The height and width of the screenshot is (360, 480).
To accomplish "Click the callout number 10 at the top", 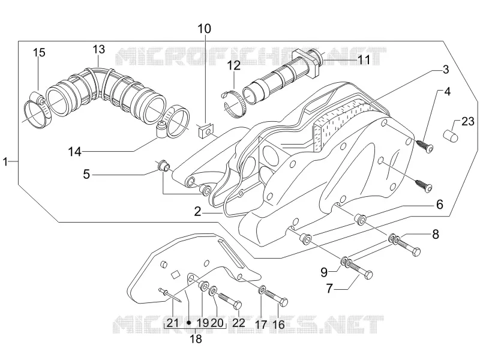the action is coord(204,29).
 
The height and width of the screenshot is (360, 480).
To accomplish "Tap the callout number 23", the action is coord(468,122).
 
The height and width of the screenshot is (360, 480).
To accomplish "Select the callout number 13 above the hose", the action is coord(99,49).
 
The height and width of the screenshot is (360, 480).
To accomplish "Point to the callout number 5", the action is coord(86,175).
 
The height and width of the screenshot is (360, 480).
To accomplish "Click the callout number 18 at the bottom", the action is coord(196,339).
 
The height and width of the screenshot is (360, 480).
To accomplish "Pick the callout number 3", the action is coord(445,70).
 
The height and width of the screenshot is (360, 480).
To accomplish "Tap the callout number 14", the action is coord(74,152).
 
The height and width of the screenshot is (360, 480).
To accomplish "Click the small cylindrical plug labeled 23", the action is coord(451,136).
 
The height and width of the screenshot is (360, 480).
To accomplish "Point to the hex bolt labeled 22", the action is coord(230,301).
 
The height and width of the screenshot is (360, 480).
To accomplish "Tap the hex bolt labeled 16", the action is coord(276,298).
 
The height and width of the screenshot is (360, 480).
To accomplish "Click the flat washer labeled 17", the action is coord(262,289).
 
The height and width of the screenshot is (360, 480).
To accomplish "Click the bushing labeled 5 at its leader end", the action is coord(164,166).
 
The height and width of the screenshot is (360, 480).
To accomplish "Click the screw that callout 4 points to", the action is coord(425,146).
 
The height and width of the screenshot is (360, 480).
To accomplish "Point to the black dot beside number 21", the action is coord(189,323).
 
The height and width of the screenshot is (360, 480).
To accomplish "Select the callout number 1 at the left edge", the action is coord(5,161).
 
